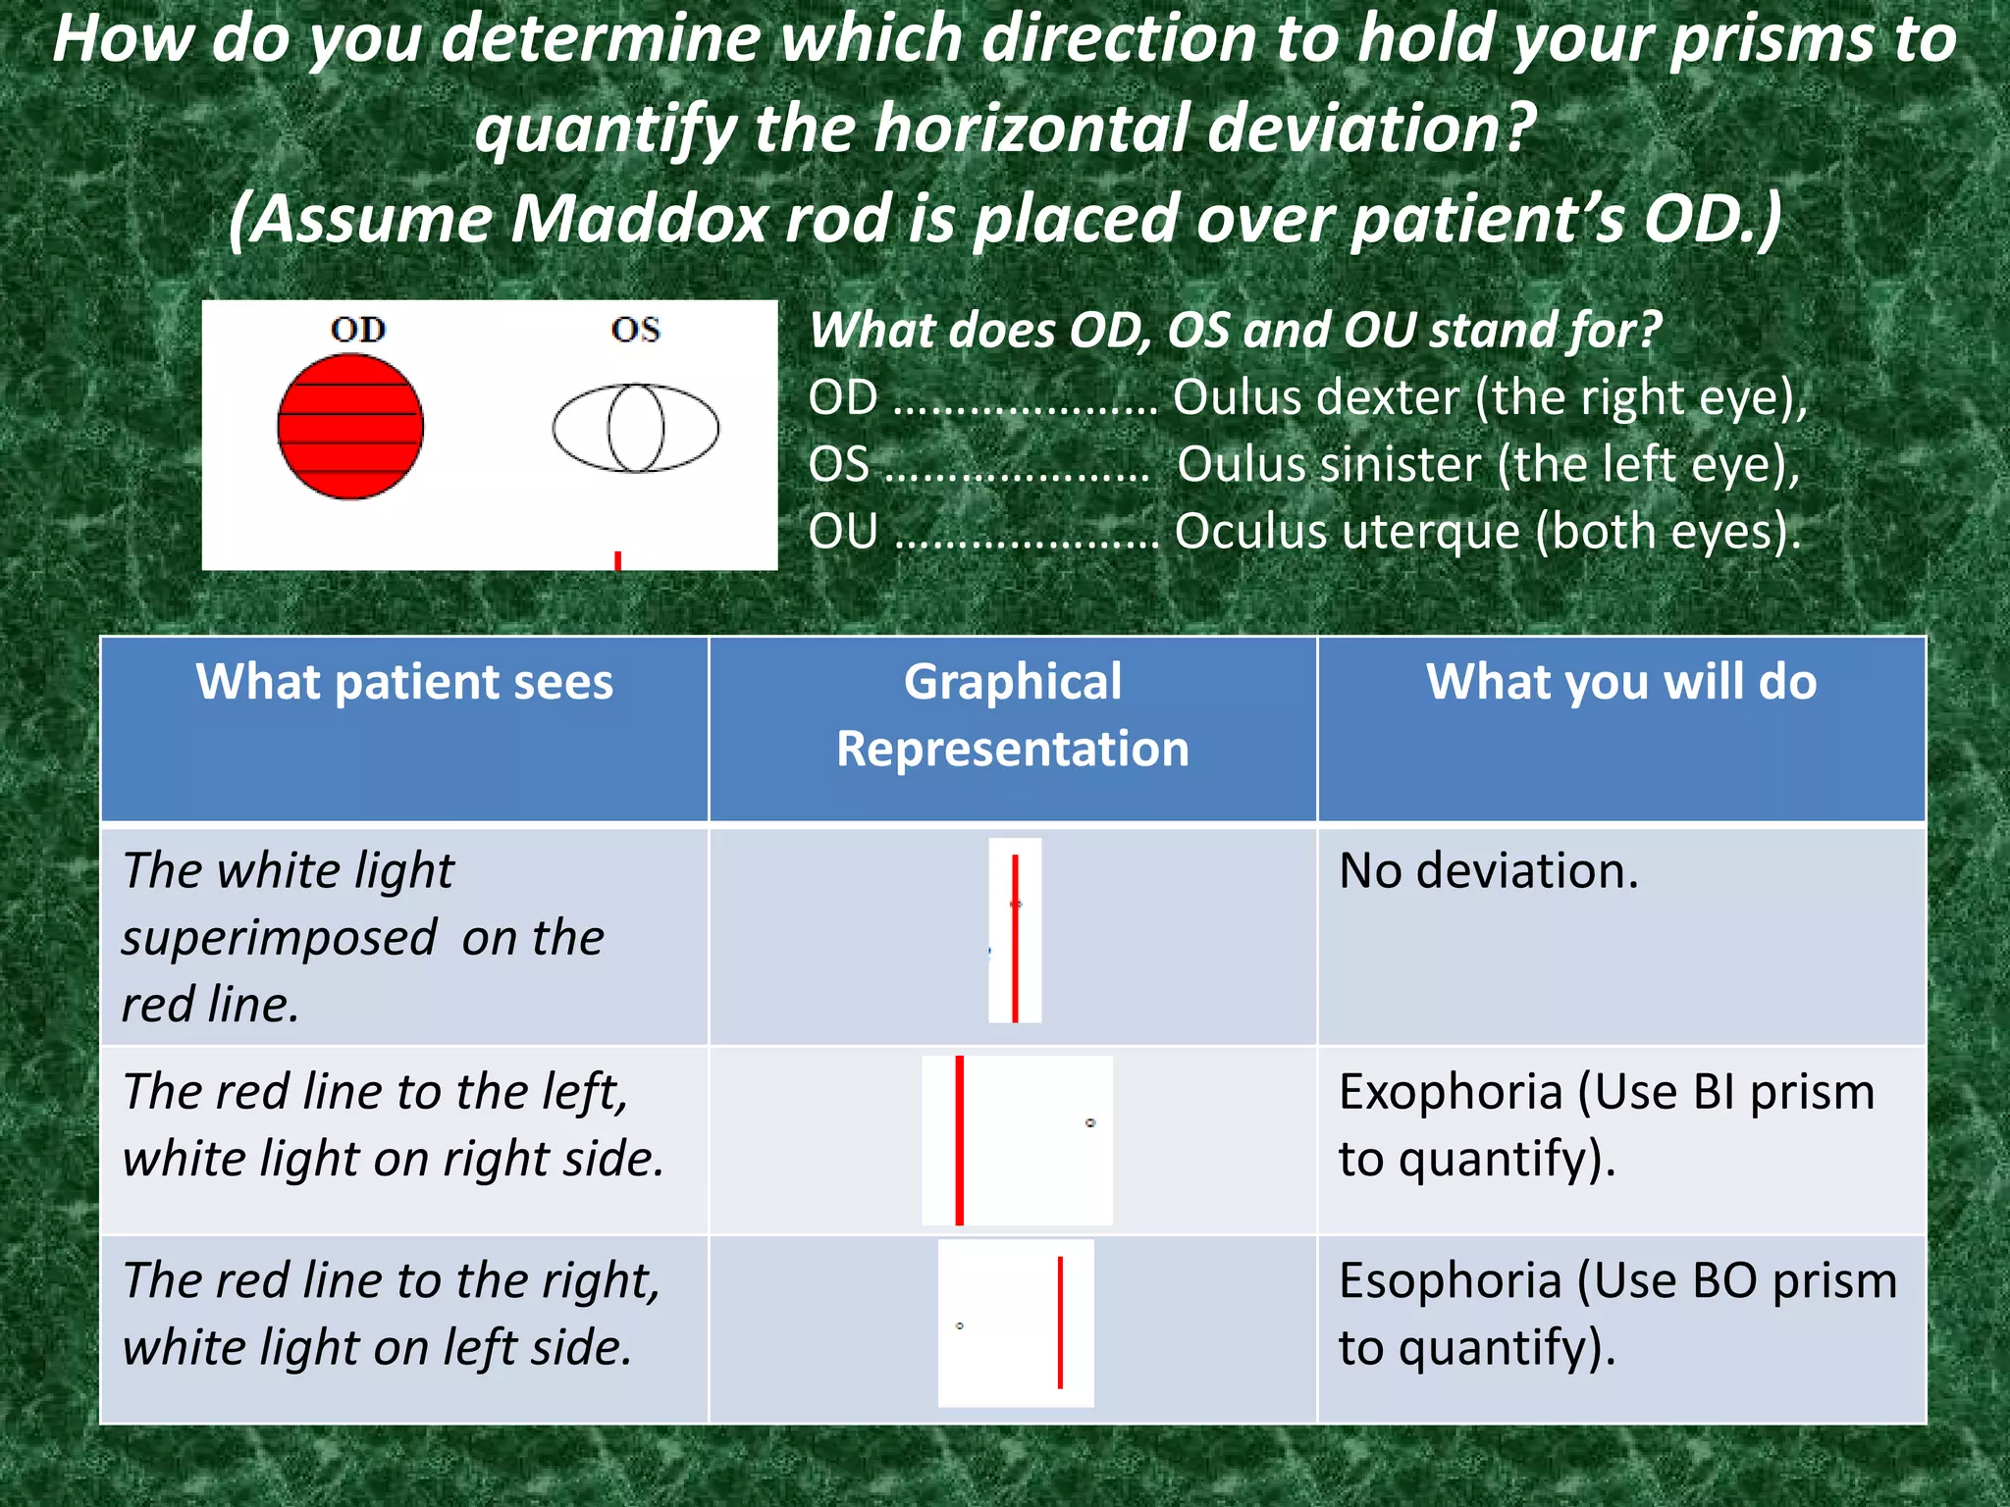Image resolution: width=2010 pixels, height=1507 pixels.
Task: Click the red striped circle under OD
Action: click(350, 427)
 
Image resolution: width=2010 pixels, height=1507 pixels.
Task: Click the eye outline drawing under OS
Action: click(636, 429)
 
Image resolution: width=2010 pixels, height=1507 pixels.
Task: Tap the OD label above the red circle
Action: click(357, 330)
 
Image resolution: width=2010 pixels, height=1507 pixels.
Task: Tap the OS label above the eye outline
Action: click(635, 330)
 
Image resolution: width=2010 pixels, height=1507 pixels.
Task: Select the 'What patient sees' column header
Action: click(404, 682)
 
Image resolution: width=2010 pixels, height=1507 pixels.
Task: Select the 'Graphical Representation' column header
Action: click(1012, 715)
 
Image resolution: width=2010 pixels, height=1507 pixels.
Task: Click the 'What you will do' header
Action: click(1621, 682)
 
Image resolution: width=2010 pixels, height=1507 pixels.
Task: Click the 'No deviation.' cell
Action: click(1489, 871)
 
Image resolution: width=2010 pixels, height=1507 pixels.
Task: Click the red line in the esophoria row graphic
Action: click(1060, 1323)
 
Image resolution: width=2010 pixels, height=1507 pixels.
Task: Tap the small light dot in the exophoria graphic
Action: click(1090, 1122)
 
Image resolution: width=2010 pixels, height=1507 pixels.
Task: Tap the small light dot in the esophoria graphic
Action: click(960, 1325)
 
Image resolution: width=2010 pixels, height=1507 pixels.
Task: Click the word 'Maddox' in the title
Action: click(639, 218)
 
